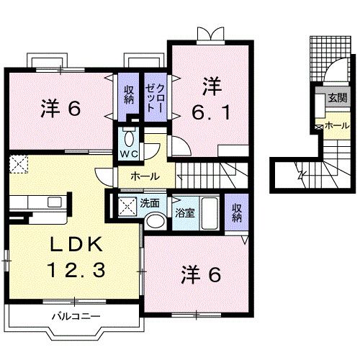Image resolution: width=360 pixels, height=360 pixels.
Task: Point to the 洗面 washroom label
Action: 150,204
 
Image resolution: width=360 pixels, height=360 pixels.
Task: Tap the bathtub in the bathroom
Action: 209,212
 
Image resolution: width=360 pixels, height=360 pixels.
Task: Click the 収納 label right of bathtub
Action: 237,212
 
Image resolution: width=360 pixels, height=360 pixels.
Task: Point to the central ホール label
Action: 145,175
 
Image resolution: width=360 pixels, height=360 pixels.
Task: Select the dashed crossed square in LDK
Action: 18,163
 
